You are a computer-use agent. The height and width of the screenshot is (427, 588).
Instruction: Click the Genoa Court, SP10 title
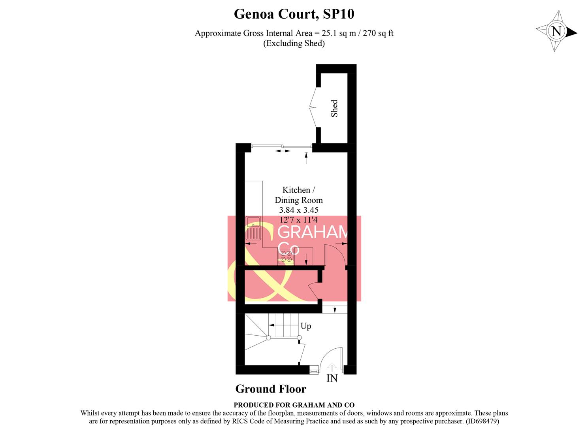(294, 14)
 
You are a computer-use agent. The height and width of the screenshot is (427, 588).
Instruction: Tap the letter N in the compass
(556, 31)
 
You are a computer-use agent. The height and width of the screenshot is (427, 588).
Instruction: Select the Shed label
(334, 108)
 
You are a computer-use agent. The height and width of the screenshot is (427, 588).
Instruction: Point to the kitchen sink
(253, 229)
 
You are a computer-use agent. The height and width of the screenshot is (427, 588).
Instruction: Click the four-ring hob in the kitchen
(286, 256)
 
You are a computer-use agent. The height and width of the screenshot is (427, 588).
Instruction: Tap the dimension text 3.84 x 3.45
(298, 210)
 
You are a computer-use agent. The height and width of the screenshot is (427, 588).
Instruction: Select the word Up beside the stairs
(305, 326)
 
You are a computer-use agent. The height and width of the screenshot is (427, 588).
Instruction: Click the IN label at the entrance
(332, 378)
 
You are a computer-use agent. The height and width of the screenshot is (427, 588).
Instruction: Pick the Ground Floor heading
(271, 389)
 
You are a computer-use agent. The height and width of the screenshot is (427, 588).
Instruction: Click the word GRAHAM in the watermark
(312, 232)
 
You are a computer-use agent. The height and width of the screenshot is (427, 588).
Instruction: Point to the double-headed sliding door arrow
(283, 151)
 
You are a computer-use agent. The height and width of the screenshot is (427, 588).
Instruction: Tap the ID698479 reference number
(482, 421)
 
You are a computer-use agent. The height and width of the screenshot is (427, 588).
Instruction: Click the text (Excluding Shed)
(294, 43)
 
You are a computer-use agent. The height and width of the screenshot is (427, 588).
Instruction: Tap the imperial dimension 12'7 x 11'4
(298, 220)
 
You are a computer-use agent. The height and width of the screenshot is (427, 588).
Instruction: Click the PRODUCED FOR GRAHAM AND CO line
(294, 405)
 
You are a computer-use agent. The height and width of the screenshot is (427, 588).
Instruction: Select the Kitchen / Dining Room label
(298, 195)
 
